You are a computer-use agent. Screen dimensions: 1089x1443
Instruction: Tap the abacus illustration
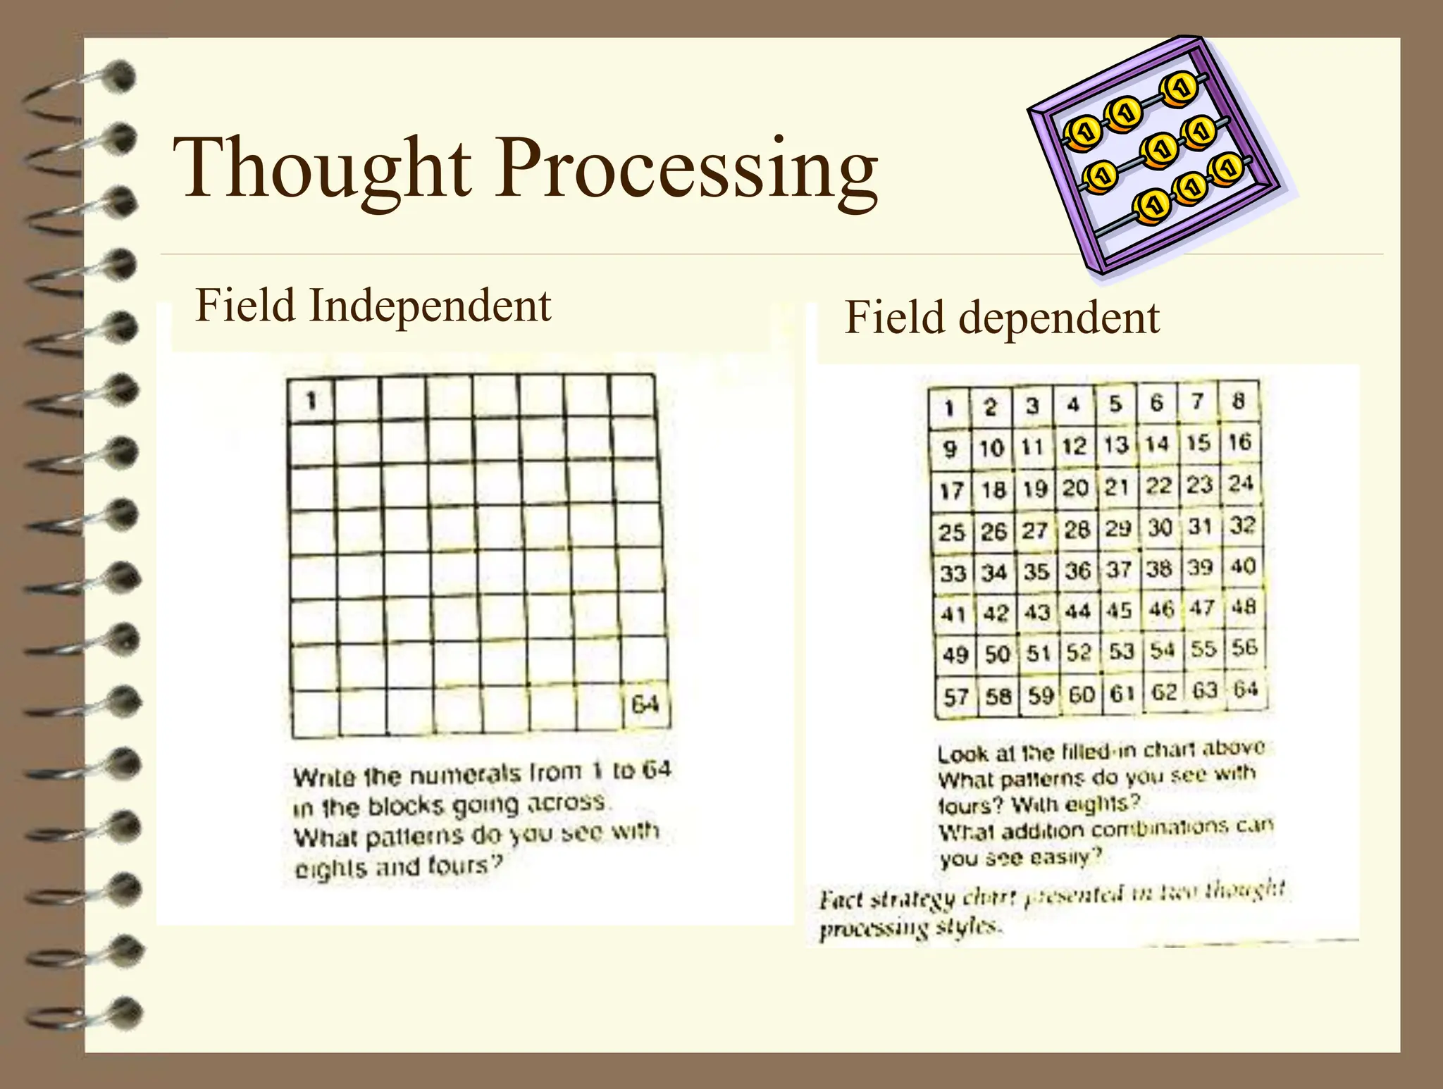pos(1156,155)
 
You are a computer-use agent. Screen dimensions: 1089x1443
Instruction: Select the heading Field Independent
pos(373,306)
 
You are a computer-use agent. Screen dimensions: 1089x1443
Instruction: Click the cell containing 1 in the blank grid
pos(311,401)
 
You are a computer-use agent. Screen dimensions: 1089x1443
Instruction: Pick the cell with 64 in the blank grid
pos(645,704)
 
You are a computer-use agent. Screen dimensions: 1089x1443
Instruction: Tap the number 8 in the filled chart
pos(1238,402)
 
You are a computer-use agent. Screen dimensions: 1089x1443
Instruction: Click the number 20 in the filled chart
pos(1075,487)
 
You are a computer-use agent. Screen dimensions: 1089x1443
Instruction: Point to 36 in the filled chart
pos(1077,571)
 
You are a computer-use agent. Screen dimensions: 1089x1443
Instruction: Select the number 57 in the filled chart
pos(956,697)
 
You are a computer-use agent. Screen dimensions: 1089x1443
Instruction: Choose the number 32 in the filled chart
pos(1242,525)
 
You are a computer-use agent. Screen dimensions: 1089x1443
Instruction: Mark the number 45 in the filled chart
pos(1119,610)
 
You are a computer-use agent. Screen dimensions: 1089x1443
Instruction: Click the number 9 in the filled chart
pos(950,448)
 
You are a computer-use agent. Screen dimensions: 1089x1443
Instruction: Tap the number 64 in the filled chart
pos(1245,689)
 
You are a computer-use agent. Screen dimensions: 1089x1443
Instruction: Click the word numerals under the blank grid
pos(465,775)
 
